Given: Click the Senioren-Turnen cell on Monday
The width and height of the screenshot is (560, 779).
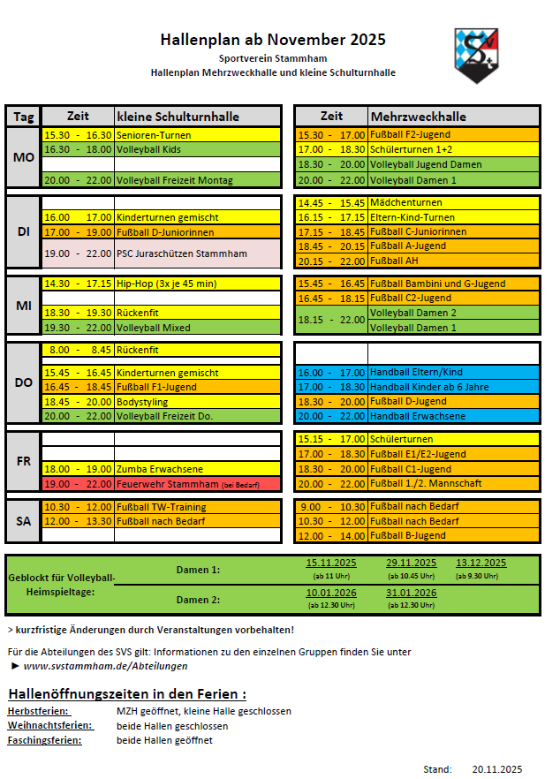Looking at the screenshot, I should (198, 135).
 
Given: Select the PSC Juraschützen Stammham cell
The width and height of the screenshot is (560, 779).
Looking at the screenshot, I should (198, 254).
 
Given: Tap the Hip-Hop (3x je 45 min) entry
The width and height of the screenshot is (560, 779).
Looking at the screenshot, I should (198, 284).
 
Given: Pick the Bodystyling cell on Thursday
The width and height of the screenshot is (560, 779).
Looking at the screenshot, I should (198, 401).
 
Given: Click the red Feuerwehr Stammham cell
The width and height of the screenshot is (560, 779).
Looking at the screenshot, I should (198, 484).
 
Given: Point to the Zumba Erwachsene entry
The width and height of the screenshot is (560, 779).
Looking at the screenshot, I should (198, 469).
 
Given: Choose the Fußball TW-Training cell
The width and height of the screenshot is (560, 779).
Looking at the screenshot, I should (198, 507).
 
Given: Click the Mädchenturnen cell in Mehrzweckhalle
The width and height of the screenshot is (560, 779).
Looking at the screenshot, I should (453, 202).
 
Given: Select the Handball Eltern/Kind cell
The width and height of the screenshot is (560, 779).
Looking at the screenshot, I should (453, 372).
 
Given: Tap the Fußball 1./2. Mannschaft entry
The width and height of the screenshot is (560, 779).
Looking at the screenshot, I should (453, 484).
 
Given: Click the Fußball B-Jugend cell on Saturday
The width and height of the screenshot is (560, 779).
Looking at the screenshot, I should (453, 535).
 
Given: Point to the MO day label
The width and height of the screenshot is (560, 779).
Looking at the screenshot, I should (24, 157).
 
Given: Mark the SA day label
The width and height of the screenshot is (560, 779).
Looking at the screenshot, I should (24, 521).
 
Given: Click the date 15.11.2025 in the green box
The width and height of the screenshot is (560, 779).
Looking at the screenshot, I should (331, 563).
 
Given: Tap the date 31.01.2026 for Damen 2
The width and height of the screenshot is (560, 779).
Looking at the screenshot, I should (411, 593).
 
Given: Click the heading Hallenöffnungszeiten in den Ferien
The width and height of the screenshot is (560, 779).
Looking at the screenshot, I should (126, 693).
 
